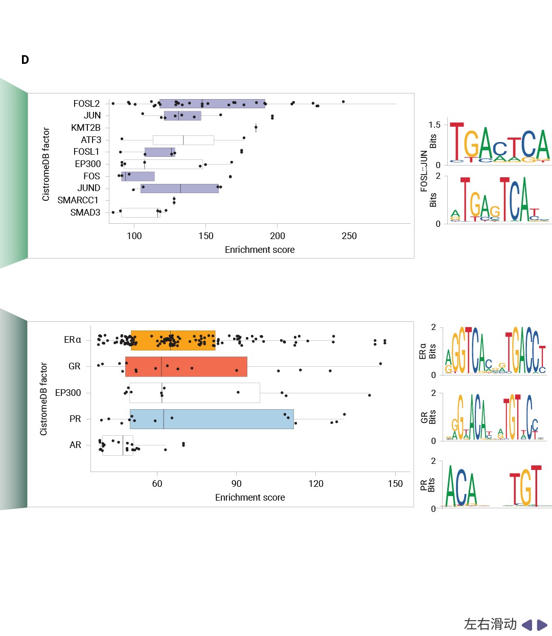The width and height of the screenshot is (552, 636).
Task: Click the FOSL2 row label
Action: click(x=86, y=104)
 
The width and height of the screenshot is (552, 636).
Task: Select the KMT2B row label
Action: click(x=85, y=128)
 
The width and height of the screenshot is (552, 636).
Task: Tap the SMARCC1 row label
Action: click(x=78, y=200)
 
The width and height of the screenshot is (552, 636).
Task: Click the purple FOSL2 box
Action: click(x=212, y=104)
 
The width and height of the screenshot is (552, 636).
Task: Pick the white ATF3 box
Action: click(x=183, y=140)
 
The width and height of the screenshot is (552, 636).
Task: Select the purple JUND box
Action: click(x=179, y=189)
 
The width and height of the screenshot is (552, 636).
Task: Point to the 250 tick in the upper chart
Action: click(x=349, y=236)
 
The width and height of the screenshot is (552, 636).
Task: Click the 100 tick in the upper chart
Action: click(x=134, y=236)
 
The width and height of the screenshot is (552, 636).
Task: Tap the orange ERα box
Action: click(x=173, y=340)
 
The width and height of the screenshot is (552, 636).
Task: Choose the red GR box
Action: click(x=186, y=367)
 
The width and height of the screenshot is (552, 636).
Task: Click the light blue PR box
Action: click(x=212, y=419)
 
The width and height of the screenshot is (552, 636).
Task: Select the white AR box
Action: click(x=118, y=445)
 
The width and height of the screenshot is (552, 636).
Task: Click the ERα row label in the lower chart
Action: click(x=73, y=340)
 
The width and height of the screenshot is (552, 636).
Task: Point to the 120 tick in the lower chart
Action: click(x=316, y=484)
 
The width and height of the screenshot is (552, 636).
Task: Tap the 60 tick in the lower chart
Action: click(x=157, y=484)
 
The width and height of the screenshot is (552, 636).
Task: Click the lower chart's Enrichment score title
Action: click(x=250, y=498)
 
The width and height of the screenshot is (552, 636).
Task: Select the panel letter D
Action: click(x=25, y=60)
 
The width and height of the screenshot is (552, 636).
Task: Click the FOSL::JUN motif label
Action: click(x=424, y=171)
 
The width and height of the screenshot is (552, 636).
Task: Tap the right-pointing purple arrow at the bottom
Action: click(x=542, y=625)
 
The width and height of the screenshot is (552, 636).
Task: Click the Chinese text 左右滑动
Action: click(x=490, y=624)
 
